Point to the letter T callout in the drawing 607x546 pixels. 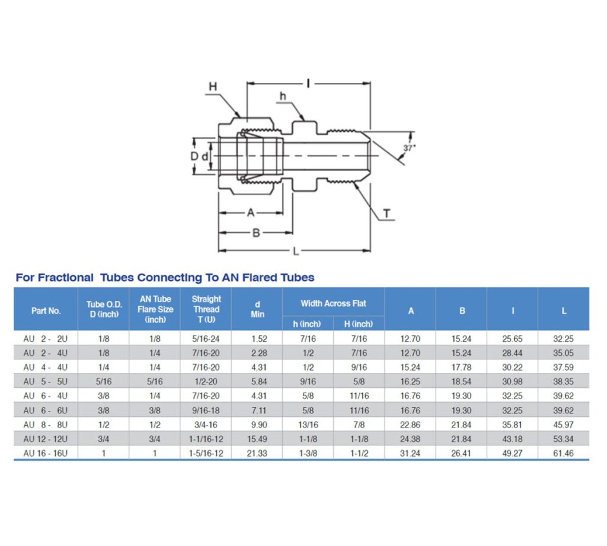pos(386,214)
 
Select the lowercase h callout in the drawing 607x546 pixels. pos(283,97)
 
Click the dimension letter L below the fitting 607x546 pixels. pos(296,251)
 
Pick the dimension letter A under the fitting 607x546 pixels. pos(251,213)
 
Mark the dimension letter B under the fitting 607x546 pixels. pos(256,233)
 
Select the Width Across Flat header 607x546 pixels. pos(333,303)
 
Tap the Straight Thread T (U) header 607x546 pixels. pos(206,309)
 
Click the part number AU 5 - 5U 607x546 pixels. pos(46,382)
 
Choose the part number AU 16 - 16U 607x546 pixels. pos(46,453)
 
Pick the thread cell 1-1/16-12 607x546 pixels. pos(206,439)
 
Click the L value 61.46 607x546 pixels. pos(564,453)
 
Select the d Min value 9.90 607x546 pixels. pos(257,425)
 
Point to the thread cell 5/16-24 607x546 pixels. pos(206,339)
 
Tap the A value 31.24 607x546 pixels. pos(410,453)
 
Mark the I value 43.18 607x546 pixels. pos(513,439)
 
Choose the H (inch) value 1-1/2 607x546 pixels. pos(359,453)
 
